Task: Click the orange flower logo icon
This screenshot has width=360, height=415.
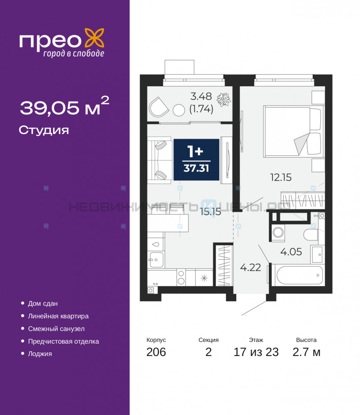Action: point(94,39)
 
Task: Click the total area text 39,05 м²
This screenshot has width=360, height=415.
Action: point(65,106)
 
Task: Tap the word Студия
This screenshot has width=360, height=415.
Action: point(44,130)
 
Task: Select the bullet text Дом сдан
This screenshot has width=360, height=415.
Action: point(43,304)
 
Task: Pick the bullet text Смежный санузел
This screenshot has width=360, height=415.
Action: point(56,329)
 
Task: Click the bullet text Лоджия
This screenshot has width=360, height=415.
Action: point(40,354)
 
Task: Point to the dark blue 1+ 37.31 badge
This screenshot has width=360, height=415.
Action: point(196,160)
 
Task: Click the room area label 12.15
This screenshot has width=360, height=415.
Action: point(281,177)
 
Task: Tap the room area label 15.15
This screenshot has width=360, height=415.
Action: point(211,212)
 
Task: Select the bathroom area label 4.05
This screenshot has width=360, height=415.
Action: point(291,252)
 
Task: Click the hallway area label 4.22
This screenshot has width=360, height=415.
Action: point(251,267)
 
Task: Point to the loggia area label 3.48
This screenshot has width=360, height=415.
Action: point(201,96)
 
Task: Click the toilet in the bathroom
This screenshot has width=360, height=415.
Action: point(311,234)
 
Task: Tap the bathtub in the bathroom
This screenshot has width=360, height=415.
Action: point(299,275)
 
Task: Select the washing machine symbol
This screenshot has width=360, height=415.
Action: point(278,233)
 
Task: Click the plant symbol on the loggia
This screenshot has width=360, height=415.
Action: point(224,99)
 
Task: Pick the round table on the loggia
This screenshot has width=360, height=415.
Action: point(179,110)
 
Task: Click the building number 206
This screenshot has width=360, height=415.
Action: point(156,352)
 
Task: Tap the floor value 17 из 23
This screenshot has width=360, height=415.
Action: point(256,352)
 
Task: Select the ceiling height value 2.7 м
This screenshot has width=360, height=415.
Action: point(306,352)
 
